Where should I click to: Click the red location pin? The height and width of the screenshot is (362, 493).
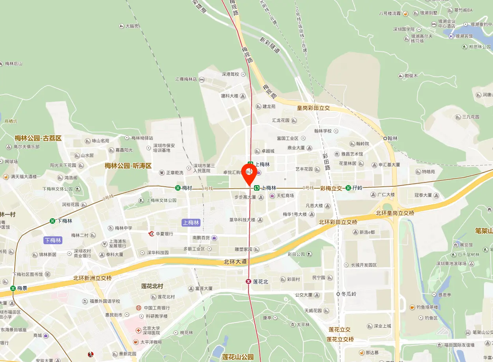[x=249, y=173]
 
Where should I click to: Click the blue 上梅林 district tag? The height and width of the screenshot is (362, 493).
[x=191, y=223]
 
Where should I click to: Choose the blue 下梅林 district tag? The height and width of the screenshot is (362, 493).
[x=53, y=240]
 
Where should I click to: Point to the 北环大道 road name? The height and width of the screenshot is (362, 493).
[x=235, y=262]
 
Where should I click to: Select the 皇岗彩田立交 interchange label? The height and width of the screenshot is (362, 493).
[x=313, y=108]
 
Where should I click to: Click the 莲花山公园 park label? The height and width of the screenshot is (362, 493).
[x=238, y=357]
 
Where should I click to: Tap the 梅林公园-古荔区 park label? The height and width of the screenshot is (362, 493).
[x=38, y=138]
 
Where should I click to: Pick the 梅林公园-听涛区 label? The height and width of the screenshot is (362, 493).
[x=128, y=166]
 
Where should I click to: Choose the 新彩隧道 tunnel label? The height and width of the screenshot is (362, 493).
[x=270, y=45]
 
